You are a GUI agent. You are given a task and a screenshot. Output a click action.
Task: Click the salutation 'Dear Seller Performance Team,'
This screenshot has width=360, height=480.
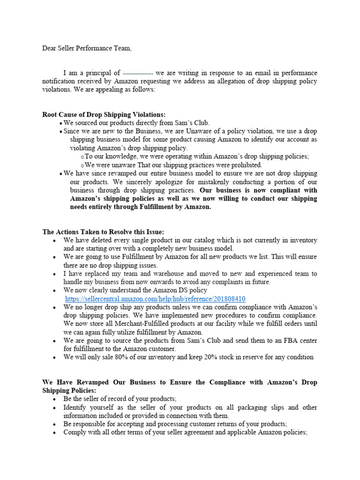[84, 48]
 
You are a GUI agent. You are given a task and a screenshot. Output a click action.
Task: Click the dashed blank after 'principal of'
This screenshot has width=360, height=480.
[137, 73]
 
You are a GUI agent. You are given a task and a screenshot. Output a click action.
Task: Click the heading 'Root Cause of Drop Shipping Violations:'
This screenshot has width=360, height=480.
[104, 115]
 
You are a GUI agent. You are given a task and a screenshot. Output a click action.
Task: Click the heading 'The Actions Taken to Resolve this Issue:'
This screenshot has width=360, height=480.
[103, 232]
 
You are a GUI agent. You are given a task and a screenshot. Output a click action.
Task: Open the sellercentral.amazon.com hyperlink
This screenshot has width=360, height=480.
[155, 299]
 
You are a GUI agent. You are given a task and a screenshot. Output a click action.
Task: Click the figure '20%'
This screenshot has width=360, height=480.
[212, 357]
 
